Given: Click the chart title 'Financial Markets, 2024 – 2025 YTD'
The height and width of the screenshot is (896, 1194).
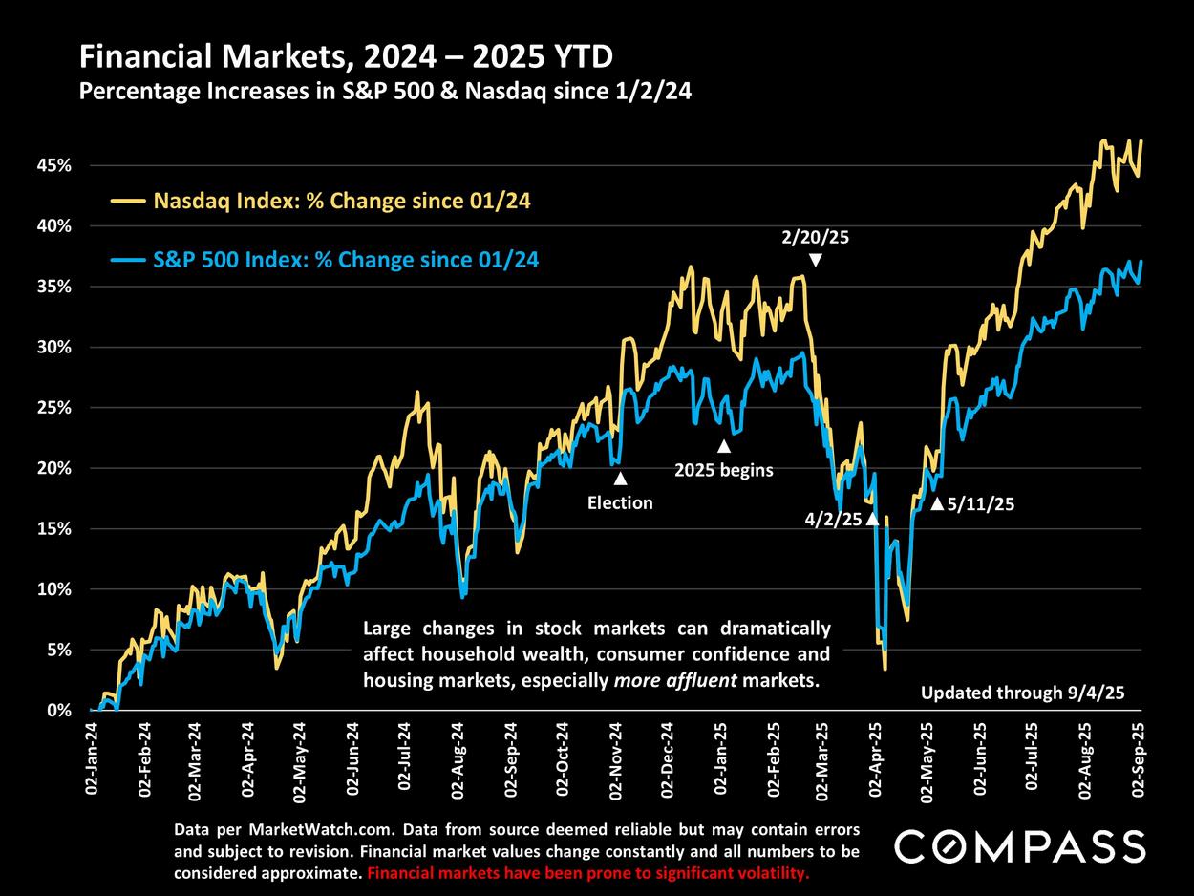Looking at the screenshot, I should pos(346,58).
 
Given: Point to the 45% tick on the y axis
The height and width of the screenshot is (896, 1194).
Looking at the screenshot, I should pos(55,165).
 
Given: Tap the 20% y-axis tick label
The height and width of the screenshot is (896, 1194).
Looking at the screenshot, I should pos(55,468).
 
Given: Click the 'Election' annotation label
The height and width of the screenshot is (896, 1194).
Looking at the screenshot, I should pos(620,502).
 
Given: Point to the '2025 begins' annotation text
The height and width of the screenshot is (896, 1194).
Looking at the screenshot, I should pos(723,470).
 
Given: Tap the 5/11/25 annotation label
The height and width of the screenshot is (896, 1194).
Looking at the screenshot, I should pos(979,503).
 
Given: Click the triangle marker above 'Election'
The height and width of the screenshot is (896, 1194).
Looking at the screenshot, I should pos(620,479).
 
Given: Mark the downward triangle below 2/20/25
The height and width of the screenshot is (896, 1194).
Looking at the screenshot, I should pos(815,261).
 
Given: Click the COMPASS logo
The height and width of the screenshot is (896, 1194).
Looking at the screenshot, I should pos(1019,846).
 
